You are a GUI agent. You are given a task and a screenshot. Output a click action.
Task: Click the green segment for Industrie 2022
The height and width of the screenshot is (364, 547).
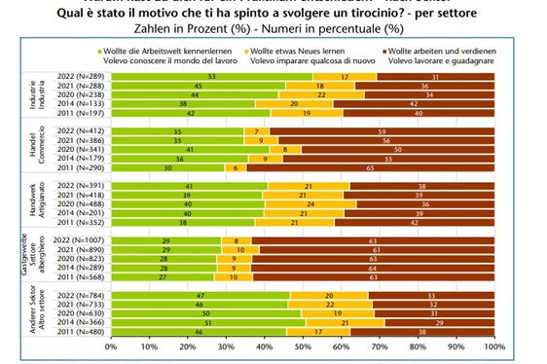click(211, 76)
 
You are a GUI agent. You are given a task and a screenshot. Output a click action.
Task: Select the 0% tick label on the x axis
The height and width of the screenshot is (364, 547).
click(110, 345)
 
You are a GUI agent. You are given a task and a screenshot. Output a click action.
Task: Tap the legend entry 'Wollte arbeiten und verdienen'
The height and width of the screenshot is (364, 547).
click(444, 49)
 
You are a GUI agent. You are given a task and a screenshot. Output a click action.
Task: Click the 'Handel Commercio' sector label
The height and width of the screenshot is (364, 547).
click(29, 148)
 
